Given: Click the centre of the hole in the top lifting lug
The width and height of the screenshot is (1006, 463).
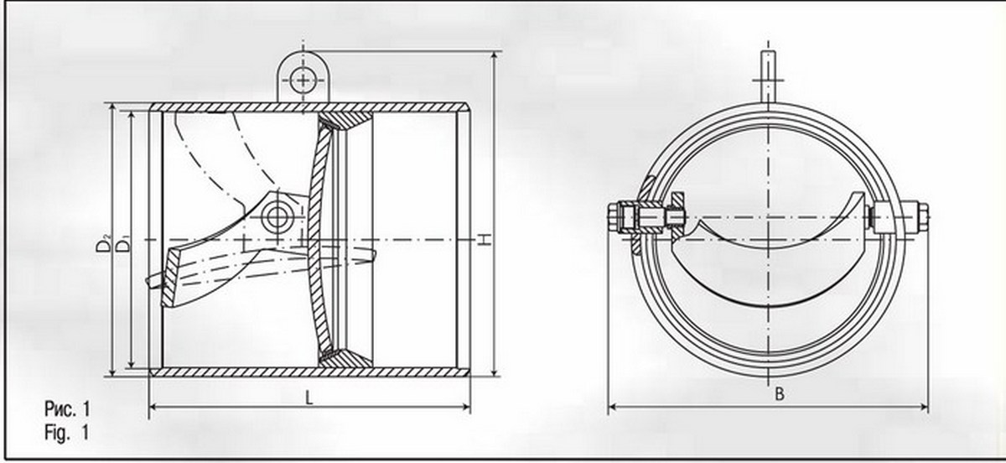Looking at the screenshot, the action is [303, 81].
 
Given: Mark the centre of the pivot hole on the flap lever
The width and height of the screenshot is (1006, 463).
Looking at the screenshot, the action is [277, 216].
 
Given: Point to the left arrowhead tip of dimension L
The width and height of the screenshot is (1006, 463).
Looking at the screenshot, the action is [149, 407].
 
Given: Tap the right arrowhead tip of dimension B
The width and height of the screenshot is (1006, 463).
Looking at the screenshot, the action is [928, 408].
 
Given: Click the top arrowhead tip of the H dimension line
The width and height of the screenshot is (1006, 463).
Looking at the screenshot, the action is [495, 52].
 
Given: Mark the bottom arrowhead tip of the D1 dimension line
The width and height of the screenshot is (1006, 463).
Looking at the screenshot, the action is [132, 367].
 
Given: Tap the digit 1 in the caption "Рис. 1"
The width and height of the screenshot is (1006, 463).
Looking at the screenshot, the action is [86, 409].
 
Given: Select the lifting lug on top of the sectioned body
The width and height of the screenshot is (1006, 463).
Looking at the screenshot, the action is [303, 76].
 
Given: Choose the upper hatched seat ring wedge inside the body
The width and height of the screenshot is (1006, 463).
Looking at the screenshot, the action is [345, 121].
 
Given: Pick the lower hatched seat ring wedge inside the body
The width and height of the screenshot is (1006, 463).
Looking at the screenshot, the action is [345, 358].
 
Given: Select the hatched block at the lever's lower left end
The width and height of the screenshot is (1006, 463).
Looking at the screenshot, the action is [170, 278].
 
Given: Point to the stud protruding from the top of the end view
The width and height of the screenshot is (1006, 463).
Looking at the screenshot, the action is [768, 76].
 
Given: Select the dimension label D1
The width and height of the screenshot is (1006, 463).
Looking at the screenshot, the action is [122, 244].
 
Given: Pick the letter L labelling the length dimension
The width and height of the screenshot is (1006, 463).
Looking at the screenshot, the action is [309, 398].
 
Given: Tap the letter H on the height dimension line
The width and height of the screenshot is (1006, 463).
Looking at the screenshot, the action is [484, 239].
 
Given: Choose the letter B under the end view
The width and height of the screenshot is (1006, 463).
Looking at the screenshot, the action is [780, 394].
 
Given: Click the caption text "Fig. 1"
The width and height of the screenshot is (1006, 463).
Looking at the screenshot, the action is [67, 433].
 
